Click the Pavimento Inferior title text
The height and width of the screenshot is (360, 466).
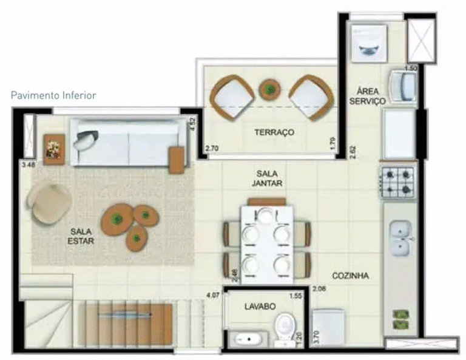[x=53, y=95]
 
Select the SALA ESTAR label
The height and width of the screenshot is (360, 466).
[x=81, y=236]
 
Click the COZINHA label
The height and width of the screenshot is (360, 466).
[x=350, y=275]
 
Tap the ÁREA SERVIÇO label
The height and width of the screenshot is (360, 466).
[x=367, y=95]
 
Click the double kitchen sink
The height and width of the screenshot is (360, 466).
[x=400, y=238]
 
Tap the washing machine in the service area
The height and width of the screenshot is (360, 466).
[x=370, y=41]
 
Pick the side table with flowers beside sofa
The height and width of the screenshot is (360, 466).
[x=53, y=146]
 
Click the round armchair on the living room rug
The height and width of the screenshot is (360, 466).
[x=51, y=203]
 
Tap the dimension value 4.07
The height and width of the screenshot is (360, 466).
[x=212, y=297]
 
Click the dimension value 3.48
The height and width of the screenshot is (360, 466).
[x=27, y=164]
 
